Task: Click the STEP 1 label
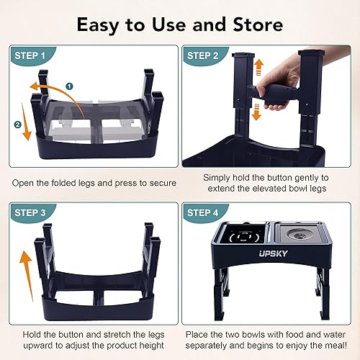[x=30, y=55]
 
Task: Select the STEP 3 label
[x=30, y=214]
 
